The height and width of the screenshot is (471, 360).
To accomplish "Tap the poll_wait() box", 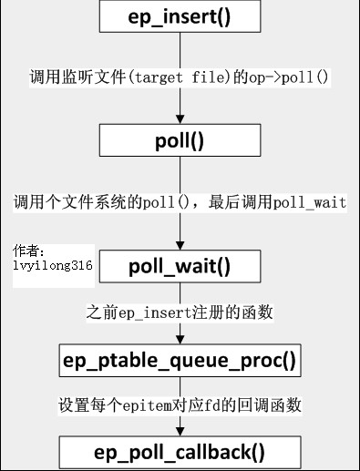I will click(180, 267).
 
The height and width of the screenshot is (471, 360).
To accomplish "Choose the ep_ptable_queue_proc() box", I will click(180, 361).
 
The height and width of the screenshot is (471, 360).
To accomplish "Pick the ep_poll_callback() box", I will click(180, 453).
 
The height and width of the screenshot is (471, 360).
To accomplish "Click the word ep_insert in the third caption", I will click(155, 312).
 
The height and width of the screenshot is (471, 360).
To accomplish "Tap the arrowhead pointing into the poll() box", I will click(180, 118).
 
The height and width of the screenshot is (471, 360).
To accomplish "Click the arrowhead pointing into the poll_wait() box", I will click(180, 244).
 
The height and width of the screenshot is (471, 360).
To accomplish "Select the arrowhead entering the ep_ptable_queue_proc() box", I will click(180, 339).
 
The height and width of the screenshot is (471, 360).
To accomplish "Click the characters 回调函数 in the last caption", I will click(273, 404).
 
